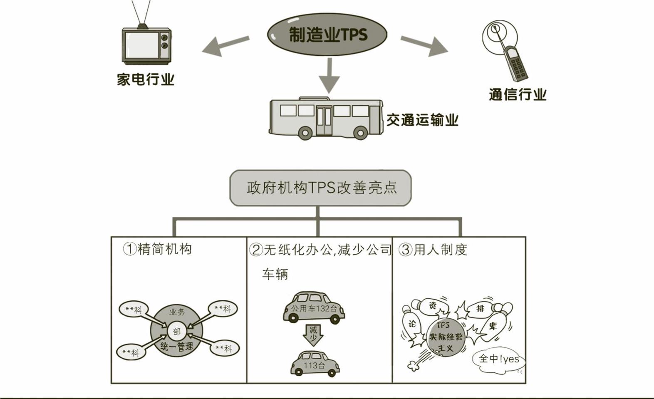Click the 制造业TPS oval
click(x=327, y=34)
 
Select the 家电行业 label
click(x=145, y=79)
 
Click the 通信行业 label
click(x=517, y=94)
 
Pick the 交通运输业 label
click(x=422, y=120)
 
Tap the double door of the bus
click(x=324, y=121)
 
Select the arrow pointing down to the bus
click(x=329, y=75)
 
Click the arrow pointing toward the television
click(x=225, y=45)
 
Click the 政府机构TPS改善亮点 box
click(x=320, y=188)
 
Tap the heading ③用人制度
click(x=433, y=250)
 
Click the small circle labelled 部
click(x=177, y=331)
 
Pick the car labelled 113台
click(x=315, y=364)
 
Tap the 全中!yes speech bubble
click(x=498, y=359)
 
